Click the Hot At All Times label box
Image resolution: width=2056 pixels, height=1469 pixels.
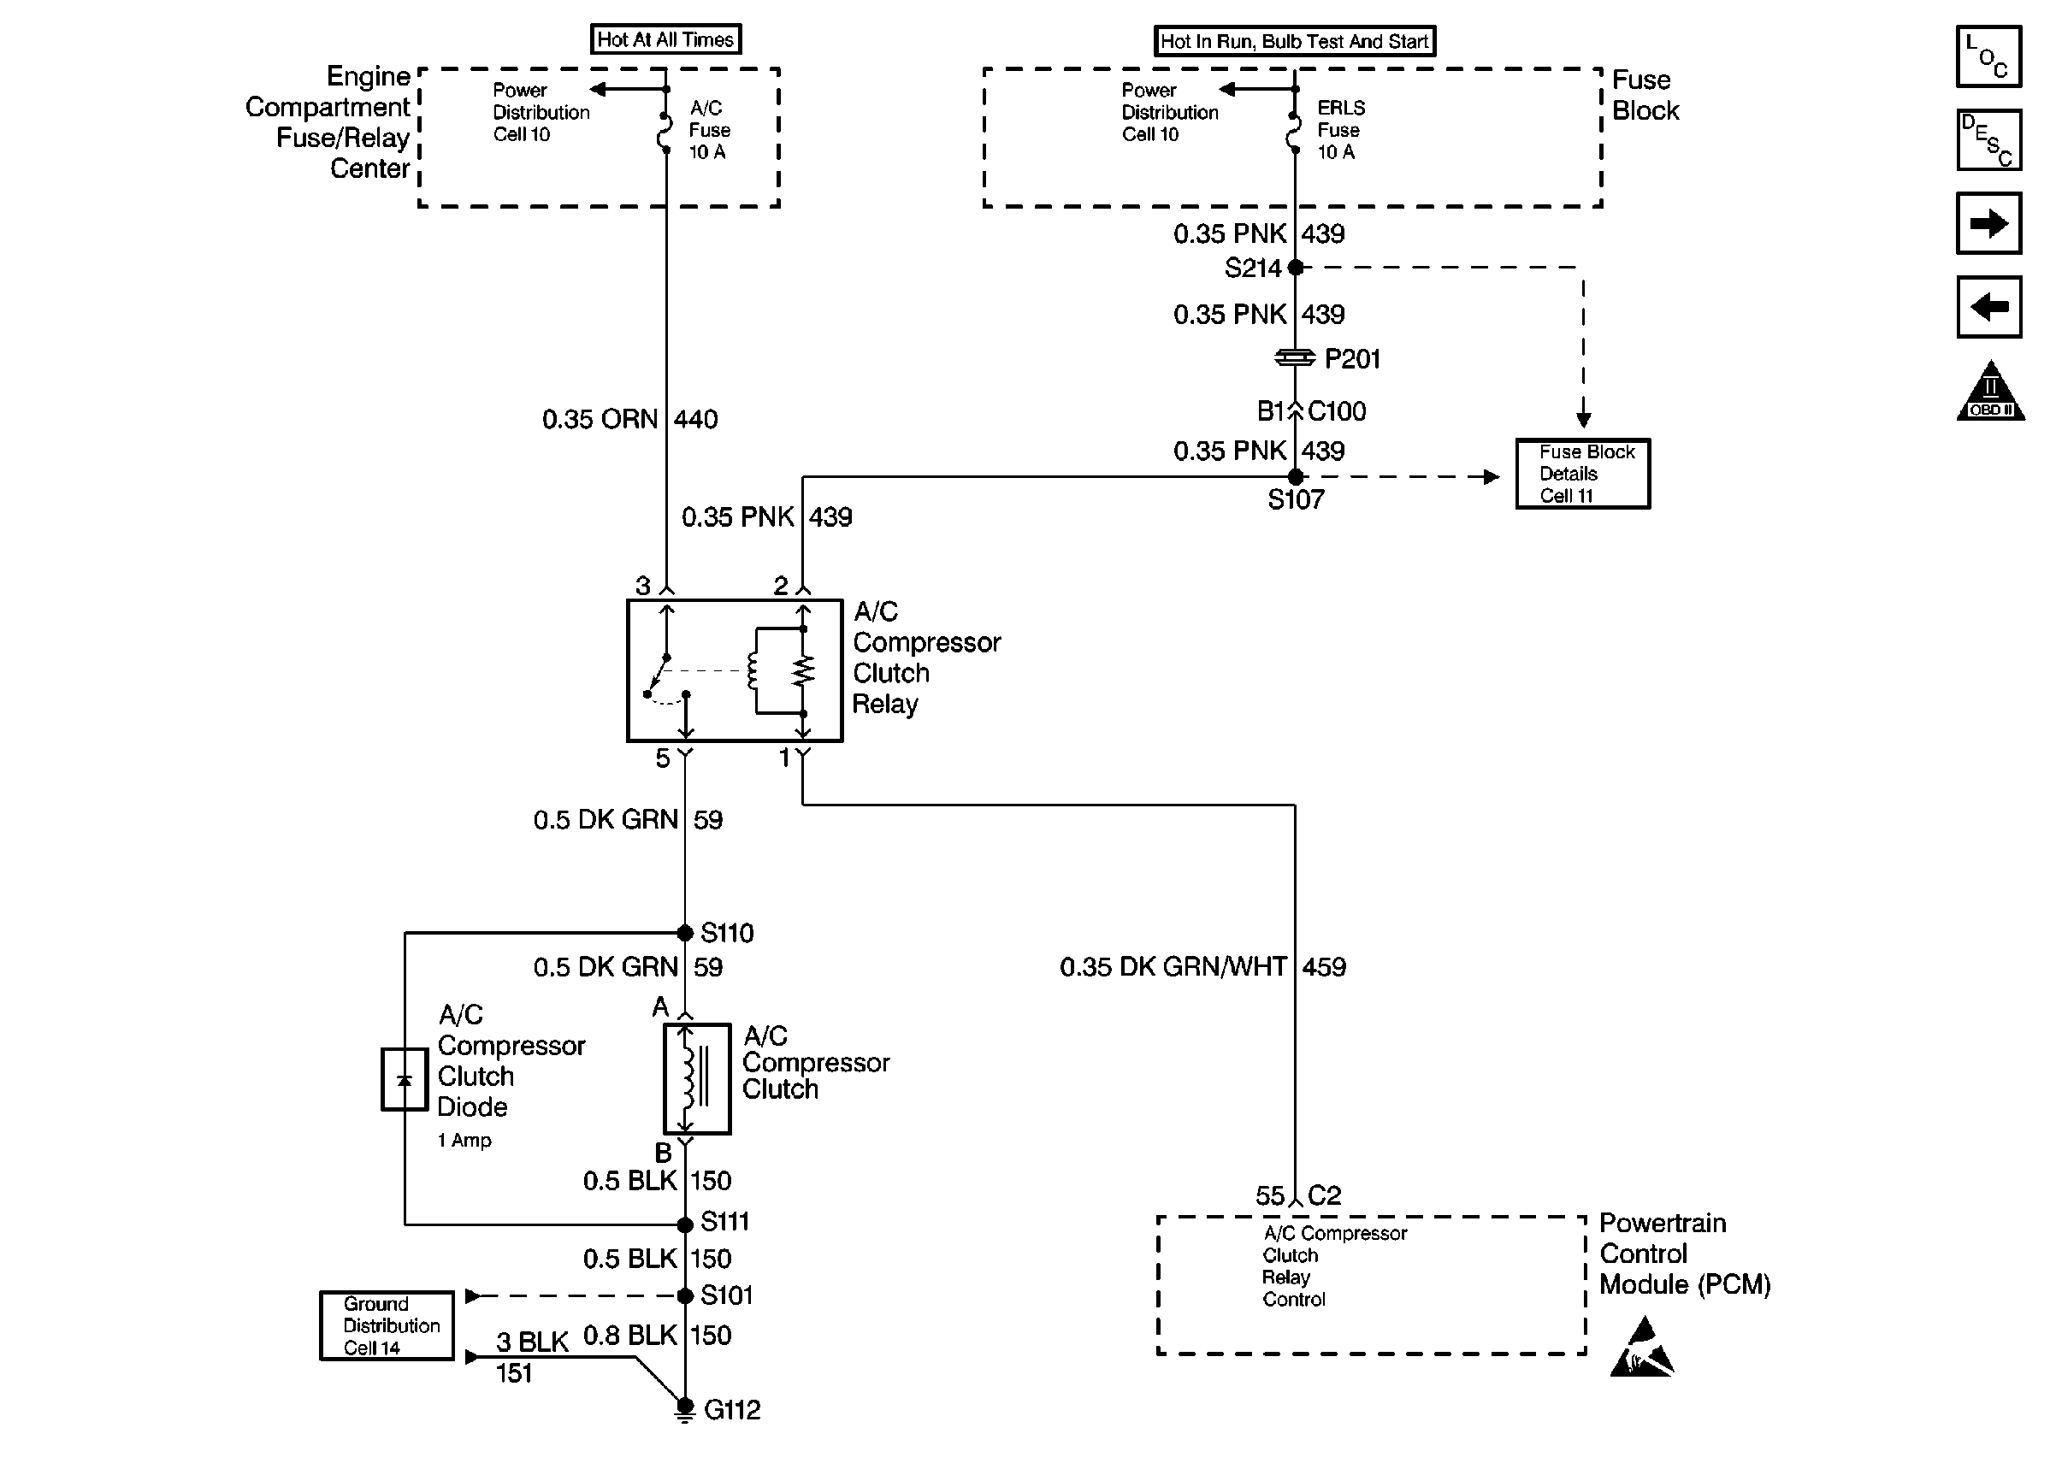coord(665,40)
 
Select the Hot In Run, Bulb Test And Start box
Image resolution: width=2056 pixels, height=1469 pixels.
coord(1293,42)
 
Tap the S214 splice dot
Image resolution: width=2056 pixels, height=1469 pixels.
coord(1296,268)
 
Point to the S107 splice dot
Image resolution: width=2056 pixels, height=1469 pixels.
coord(1296,477)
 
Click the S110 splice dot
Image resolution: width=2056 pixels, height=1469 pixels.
coord(685,933)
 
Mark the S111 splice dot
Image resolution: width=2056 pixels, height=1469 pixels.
coord(685,1224)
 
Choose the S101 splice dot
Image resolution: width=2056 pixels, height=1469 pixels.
coord(685,1296)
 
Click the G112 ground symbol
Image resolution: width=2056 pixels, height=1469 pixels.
coord(685,1409)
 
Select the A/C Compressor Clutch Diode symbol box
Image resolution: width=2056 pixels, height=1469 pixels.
coord(404,1079)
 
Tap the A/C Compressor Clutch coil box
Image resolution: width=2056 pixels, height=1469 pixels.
coord(696,1078)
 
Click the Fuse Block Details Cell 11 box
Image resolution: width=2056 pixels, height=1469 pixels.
coord(1582,474)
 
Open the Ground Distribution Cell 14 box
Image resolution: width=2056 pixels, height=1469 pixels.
coord(387,1325)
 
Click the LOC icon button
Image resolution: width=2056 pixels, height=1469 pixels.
coord(1988,57)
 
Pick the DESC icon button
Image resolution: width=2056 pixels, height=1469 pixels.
coord(1988,140)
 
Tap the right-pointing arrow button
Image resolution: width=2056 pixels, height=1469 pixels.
coord(1988,223)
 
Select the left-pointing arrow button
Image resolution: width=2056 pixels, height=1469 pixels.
coord(1988,307)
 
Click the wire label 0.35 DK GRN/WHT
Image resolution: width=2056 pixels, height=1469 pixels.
coord(1173,967)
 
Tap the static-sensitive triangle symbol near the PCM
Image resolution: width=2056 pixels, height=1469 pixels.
coord(1642,1349)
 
